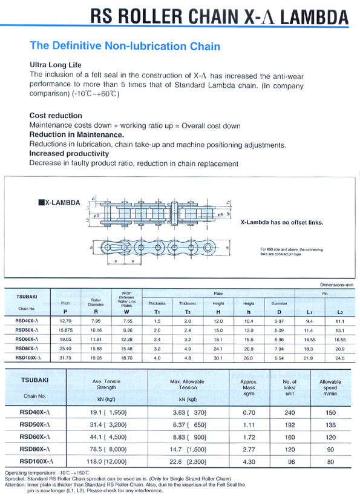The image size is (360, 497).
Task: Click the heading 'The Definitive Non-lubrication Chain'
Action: (x=125, y=45)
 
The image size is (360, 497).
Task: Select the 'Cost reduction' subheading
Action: (x=56, y=115)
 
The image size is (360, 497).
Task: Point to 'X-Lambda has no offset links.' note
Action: (x=281, y=222)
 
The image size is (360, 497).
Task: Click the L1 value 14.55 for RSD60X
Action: (x=309, y=340)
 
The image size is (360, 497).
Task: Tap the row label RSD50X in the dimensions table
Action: (x=27, y=331)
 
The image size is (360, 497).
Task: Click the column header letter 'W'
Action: (x=127, y=312)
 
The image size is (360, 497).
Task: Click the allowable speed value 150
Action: (x=330, y=412)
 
